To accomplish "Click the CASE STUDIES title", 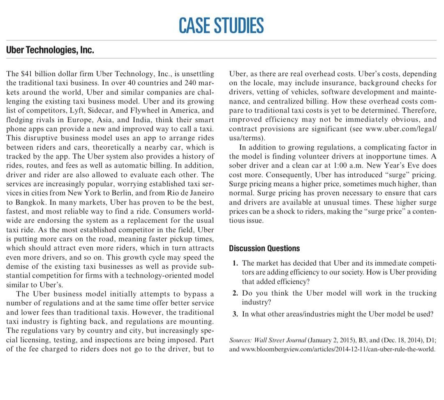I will tap(221, 25).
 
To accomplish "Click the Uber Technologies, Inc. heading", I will tap(50, 51).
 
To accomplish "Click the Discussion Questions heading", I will tap(264, 248).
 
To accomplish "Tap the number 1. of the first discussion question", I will tap(236, 263).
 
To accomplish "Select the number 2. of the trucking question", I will tap(236, 293).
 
